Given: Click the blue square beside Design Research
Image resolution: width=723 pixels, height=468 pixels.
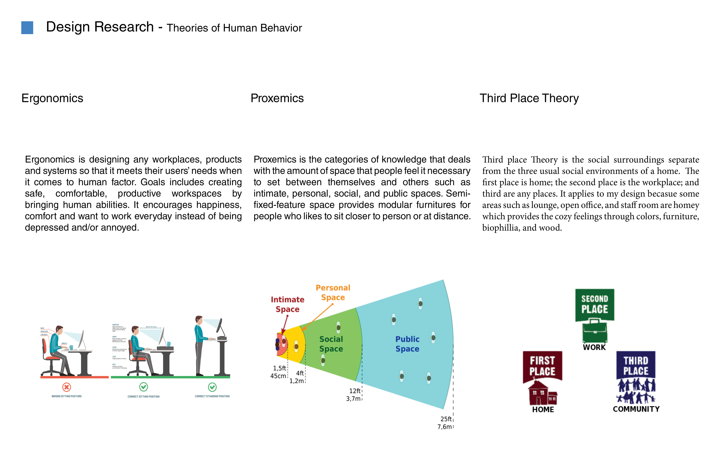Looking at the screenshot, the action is point(27,28).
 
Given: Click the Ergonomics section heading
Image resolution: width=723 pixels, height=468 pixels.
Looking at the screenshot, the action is point(52,98).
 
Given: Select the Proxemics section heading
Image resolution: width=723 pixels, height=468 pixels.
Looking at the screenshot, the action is point(277,98).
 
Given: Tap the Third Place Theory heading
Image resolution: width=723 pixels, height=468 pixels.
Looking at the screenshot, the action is point(529,98).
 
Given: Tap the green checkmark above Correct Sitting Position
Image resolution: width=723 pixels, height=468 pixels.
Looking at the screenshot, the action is point(143,387).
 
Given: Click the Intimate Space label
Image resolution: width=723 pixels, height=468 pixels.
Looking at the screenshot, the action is point(287,304).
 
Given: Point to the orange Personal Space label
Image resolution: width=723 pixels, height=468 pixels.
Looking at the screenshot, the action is point(333,292).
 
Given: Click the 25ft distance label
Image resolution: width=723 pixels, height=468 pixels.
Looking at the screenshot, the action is point(446,419).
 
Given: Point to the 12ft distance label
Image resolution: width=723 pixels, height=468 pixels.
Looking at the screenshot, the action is point(355,391).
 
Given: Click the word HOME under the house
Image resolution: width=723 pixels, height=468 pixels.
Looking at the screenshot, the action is point(543,409).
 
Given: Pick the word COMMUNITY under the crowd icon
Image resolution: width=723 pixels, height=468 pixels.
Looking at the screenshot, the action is point(636,409).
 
